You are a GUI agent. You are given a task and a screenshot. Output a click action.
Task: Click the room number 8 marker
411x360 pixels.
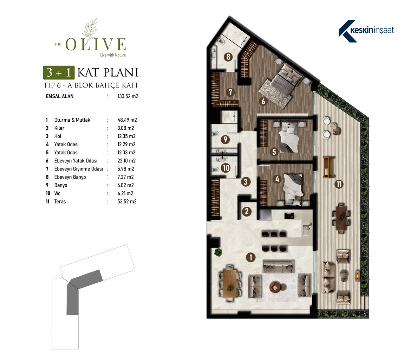228,57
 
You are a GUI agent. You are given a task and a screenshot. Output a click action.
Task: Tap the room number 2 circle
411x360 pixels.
247,211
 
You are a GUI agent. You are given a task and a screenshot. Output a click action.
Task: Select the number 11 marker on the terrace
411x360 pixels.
339,184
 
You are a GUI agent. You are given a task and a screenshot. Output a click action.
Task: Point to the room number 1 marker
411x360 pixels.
251,257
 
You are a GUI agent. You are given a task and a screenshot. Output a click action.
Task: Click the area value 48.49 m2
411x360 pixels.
127,120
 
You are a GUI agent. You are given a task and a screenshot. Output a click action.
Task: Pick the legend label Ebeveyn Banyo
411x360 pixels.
70,177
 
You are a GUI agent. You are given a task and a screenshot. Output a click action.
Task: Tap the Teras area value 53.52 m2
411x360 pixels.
127,201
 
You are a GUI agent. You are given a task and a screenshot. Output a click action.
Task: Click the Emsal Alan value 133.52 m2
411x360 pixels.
128,96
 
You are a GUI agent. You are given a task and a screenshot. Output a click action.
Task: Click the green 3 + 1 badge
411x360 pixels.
59,72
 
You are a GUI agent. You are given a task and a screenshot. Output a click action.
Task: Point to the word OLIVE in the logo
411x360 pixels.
96,44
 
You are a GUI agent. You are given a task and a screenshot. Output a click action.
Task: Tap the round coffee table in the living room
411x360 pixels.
275,287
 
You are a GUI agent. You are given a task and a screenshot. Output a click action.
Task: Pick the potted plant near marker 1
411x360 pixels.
218,252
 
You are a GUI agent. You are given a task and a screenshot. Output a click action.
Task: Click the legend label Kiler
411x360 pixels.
59,128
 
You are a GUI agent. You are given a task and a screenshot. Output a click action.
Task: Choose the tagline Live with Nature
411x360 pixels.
113,55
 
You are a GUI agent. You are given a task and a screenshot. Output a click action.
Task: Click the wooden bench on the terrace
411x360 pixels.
328,167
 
